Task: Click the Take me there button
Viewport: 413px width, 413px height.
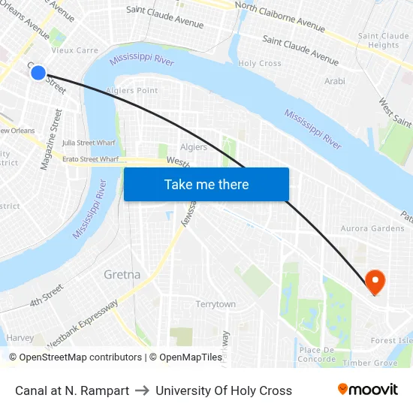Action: (x=206, y=184)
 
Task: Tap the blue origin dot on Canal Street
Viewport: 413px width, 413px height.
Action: (x=38, y=73)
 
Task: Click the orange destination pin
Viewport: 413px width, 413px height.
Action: (x=375, y=281)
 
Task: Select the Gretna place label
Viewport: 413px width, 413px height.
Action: (x=122, y=274)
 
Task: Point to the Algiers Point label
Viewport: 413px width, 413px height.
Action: (x=132, y=91)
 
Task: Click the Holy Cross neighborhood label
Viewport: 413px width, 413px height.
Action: (x=260, y=64)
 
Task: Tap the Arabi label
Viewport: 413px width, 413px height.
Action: (x=334, y=81)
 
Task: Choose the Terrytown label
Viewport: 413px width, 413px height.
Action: (x=216, y=304)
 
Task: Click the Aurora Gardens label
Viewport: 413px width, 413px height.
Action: (x=372, y=228)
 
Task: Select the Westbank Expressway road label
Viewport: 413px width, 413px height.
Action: (x=83, y=324)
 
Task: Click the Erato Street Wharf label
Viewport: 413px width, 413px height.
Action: (x=90, y=159)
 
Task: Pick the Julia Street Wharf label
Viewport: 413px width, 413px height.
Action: (x=89, y=143)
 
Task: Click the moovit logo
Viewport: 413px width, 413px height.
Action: (x=367, y=390)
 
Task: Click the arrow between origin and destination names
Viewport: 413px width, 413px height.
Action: (x=142, y=390)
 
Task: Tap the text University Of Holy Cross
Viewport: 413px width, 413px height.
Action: (x=224, y=390)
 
